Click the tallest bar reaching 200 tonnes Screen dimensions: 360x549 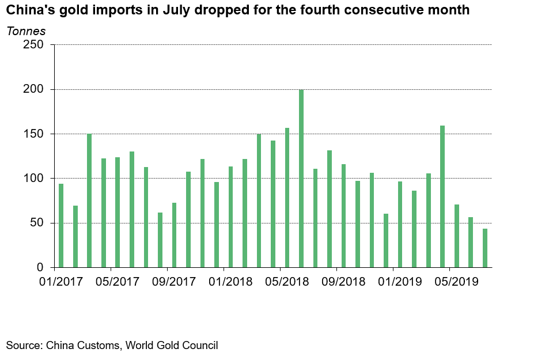[301, 179]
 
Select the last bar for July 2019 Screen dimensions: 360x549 [485, 248]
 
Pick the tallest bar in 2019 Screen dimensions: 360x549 [442, 196]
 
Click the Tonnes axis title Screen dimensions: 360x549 [26, 31]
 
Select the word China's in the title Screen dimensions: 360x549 [27, 10]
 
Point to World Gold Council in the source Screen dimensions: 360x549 [172, 346]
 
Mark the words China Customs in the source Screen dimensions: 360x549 [82, 346]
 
